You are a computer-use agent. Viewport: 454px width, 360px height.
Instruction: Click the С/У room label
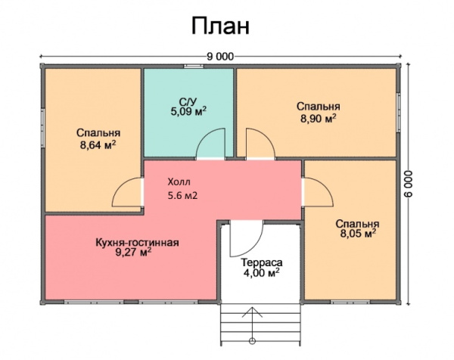[188, 101]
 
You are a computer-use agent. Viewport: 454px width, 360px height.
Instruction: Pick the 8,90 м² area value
[318, 118]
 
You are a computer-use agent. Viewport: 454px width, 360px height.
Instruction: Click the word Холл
[179, 182]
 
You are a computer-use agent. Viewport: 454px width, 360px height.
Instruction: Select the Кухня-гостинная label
[137, 243]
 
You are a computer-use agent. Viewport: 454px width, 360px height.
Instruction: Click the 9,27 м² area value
[133, 254]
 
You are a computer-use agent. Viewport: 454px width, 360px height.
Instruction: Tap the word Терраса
[261, 262]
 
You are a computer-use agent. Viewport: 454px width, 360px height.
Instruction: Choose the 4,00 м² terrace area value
[261, 273]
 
